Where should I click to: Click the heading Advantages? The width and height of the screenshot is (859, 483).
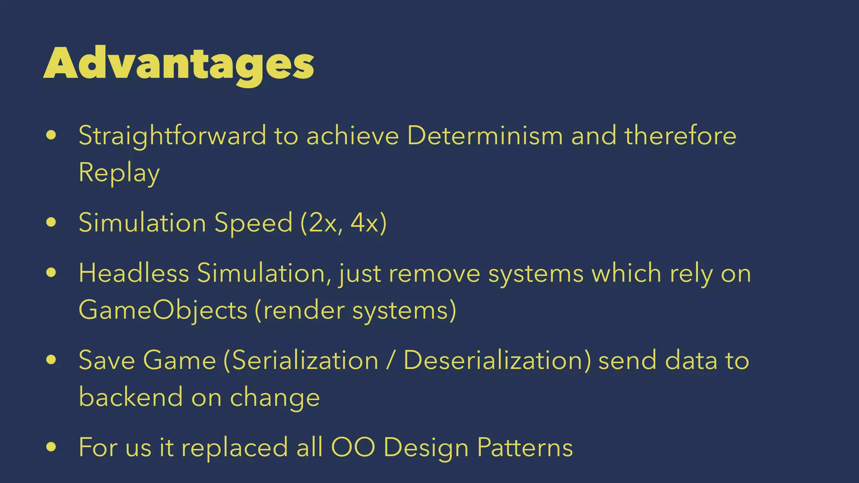pos(179,64)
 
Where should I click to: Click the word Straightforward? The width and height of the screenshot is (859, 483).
pos(172,136)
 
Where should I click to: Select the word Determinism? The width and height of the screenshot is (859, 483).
pos(484,136)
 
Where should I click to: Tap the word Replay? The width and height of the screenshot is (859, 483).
pos(119,173)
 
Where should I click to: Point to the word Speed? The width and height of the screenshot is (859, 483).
pos(253,223)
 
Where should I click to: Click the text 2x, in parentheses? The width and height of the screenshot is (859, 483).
pos(321,223)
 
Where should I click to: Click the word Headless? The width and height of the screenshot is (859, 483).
pos(134,273)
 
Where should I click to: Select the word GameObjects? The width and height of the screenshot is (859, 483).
pos(163,311)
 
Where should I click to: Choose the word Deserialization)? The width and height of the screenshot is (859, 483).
pos(497,361)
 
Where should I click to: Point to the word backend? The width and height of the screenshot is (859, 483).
pos(131,397)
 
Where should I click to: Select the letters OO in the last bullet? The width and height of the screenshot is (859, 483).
pos(353,447)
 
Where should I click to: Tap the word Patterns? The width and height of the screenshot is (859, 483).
pos(525,447)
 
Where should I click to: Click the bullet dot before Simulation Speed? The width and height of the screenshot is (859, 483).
pos(51,222)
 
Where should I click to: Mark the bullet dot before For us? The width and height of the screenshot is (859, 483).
pos(51,447)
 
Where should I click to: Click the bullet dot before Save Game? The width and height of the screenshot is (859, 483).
pos(51,360)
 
